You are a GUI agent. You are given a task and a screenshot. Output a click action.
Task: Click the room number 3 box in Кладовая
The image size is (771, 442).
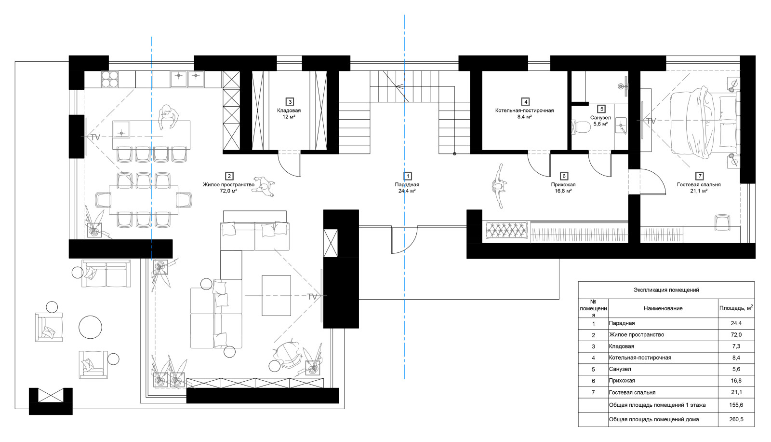point(290,102)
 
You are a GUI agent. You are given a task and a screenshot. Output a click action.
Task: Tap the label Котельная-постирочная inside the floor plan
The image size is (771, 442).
point(525,110)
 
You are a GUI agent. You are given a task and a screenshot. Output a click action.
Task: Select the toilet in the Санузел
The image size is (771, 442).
point(581,126)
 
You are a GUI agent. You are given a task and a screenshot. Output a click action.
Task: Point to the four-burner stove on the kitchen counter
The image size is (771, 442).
point(110,79)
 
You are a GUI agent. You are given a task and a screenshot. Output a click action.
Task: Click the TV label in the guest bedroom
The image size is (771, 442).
point(651,121)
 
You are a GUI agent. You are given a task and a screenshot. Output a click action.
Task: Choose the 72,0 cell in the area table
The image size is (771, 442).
point(736,335)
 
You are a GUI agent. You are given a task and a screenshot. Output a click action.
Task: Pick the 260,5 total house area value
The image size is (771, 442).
point(736,420)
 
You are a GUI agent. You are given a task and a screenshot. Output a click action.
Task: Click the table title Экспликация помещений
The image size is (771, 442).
point(666,290)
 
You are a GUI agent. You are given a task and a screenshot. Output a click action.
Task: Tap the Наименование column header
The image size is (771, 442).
point(663,308)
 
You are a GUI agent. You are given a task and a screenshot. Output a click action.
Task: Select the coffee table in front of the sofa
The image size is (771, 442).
point(276,295)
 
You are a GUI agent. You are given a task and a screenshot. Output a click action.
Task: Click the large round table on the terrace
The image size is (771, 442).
point(90,327)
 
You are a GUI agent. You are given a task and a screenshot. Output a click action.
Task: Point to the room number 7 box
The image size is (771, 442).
point(699,176)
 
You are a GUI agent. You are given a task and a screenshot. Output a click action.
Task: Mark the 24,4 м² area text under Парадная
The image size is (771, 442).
point(407,191)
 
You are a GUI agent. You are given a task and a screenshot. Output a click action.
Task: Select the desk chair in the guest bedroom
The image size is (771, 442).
point(722,222)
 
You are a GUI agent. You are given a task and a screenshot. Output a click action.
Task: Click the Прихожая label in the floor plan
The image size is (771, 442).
point(563,184)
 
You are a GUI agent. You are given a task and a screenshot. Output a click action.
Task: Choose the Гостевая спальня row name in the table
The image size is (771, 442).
point(632,392)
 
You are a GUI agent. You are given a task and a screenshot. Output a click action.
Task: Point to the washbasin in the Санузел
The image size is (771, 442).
point(622,125)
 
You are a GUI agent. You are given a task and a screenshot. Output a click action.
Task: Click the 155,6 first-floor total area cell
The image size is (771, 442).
point(736,405)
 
